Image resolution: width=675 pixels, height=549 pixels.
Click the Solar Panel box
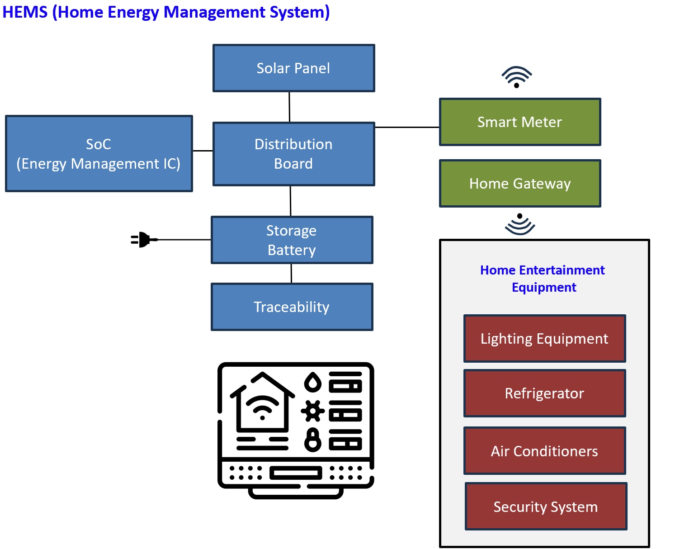click(293, 68)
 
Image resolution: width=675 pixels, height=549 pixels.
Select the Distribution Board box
click(293, 154)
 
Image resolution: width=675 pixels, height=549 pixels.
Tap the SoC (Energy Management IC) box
click(99, 154)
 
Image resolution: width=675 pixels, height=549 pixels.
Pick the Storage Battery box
click(292, 240)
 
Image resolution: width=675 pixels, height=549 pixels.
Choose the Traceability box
click(292, 307)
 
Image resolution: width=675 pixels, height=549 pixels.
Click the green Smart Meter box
click(520, 122)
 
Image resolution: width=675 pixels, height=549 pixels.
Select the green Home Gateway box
click(520, 184)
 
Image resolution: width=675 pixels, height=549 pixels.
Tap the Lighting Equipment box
click(544, 339)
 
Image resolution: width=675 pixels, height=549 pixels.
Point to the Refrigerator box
click(544, 393)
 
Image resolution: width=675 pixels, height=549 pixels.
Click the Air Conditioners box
click(544, 451)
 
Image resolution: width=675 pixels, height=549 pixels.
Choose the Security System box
click(546, 506)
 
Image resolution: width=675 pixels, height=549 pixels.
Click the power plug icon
click(143, 240)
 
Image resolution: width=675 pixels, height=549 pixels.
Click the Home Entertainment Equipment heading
click(543, 279)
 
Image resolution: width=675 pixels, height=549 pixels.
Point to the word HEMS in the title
click(25, 12)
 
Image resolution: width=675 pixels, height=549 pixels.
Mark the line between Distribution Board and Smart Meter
click(407, 128)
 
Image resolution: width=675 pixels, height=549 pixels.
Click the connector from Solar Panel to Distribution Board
click(289, 107)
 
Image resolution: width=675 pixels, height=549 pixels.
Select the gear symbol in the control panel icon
click(312, 411)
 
